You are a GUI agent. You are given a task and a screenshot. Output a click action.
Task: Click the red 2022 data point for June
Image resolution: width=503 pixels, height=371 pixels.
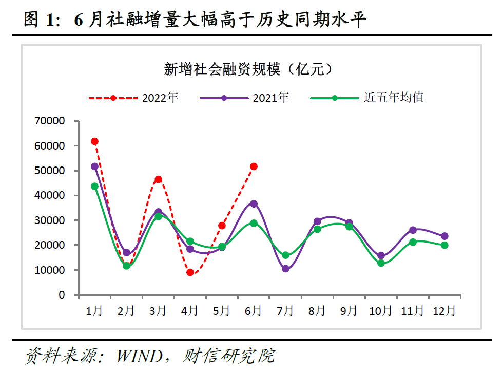coord(254,166)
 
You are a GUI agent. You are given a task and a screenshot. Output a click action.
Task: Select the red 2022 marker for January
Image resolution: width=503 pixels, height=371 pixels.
coord(94,141)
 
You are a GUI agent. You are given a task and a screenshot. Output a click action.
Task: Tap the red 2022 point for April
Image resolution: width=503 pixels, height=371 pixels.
coord(190,272)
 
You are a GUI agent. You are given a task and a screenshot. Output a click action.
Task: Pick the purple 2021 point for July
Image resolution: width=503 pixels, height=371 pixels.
coord(285,269)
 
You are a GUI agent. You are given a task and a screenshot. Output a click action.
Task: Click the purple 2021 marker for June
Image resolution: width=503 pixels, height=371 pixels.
coord(254,204)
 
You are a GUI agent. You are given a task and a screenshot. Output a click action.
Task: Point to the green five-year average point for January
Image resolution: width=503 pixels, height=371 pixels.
coord(94,187)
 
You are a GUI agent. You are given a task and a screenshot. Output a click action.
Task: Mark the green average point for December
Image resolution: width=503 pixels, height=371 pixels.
coord(444,245)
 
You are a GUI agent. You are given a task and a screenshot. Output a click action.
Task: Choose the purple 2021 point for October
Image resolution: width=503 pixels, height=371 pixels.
coord(381,255)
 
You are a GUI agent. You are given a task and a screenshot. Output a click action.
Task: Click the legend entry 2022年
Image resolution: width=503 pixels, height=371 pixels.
coord(160,98)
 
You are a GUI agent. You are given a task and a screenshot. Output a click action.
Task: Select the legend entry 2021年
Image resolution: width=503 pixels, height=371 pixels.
coord(270,98)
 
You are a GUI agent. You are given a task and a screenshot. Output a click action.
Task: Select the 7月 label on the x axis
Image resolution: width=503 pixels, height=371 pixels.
coord(285,310)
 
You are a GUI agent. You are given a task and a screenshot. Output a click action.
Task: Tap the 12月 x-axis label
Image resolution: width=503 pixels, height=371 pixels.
coord(444,310)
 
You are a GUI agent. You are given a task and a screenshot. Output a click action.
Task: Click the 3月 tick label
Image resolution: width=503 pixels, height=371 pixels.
coord(158,310)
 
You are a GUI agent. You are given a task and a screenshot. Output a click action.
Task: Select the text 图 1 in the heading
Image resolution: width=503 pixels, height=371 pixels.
coord(38,20)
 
